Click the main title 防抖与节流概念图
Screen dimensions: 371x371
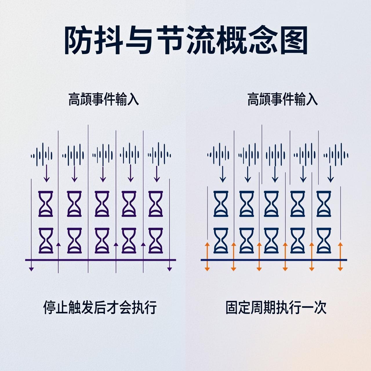185,41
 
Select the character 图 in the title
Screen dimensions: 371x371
294,41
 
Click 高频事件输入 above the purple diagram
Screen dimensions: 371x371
103,99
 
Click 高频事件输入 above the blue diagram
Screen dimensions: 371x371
282,99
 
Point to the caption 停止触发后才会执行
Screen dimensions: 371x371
100,307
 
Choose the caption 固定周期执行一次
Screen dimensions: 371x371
276,307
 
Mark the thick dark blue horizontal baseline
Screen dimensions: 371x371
274,260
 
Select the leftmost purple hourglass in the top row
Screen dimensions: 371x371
46,203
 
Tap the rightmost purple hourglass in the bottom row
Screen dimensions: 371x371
156,241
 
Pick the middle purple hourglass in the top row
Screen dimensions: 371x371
102,203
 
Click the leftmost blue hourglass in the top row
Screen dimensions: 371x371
221,203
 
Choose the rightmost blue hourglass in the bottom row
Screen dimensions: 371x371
324,241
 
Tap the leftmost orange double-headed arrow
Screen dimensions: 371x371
207,257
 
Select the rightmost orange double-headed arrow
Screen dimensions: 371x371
340,257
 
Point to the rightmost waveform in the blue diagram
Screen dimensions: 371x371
336,155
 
